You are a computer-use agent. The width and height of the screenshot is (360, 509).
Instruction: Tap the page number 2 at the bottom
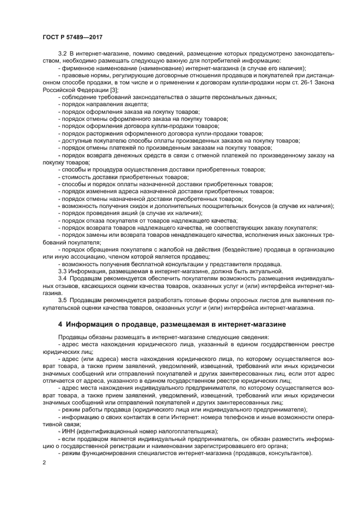click(x=44, y=462)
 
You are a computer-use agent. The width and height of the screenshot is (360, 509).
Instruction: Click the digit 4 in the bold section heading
click(x=60, y=324)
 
